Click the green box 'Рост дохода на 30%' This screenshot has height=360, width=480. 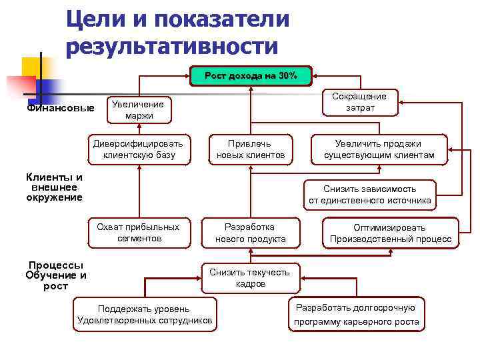tap(251, 76)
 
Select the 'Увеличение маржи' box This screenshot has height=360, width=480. tap(139, 110)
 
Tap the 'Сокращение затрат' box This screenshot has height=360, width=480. tap(360, 102)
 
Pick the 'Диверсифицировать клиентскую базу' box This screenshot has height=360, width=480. tap(139, 149)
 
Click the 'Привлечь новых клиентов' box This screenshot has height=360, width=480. tap(250, 149)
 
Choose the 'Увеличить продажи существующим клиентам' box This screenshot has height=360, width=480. tap(379, 149)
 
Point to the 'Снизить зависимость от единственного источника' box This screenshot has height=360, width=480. tap(369, 194)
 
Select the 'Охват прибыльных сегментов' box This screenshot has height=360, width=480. tap(139, 233)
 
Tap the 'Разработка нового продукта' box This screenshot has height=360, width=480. tap(250, 233)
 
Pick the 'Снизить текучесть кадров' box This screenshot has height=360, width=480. tap(250, 277)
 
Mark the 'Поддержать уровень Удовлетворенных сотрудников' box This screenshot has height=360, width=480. tap(145, 315)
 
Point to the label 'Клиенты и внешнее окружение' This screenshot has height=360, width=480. tap(54, 187)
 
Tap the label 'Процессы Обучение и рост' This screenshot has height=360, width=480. tap(56, 275)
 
